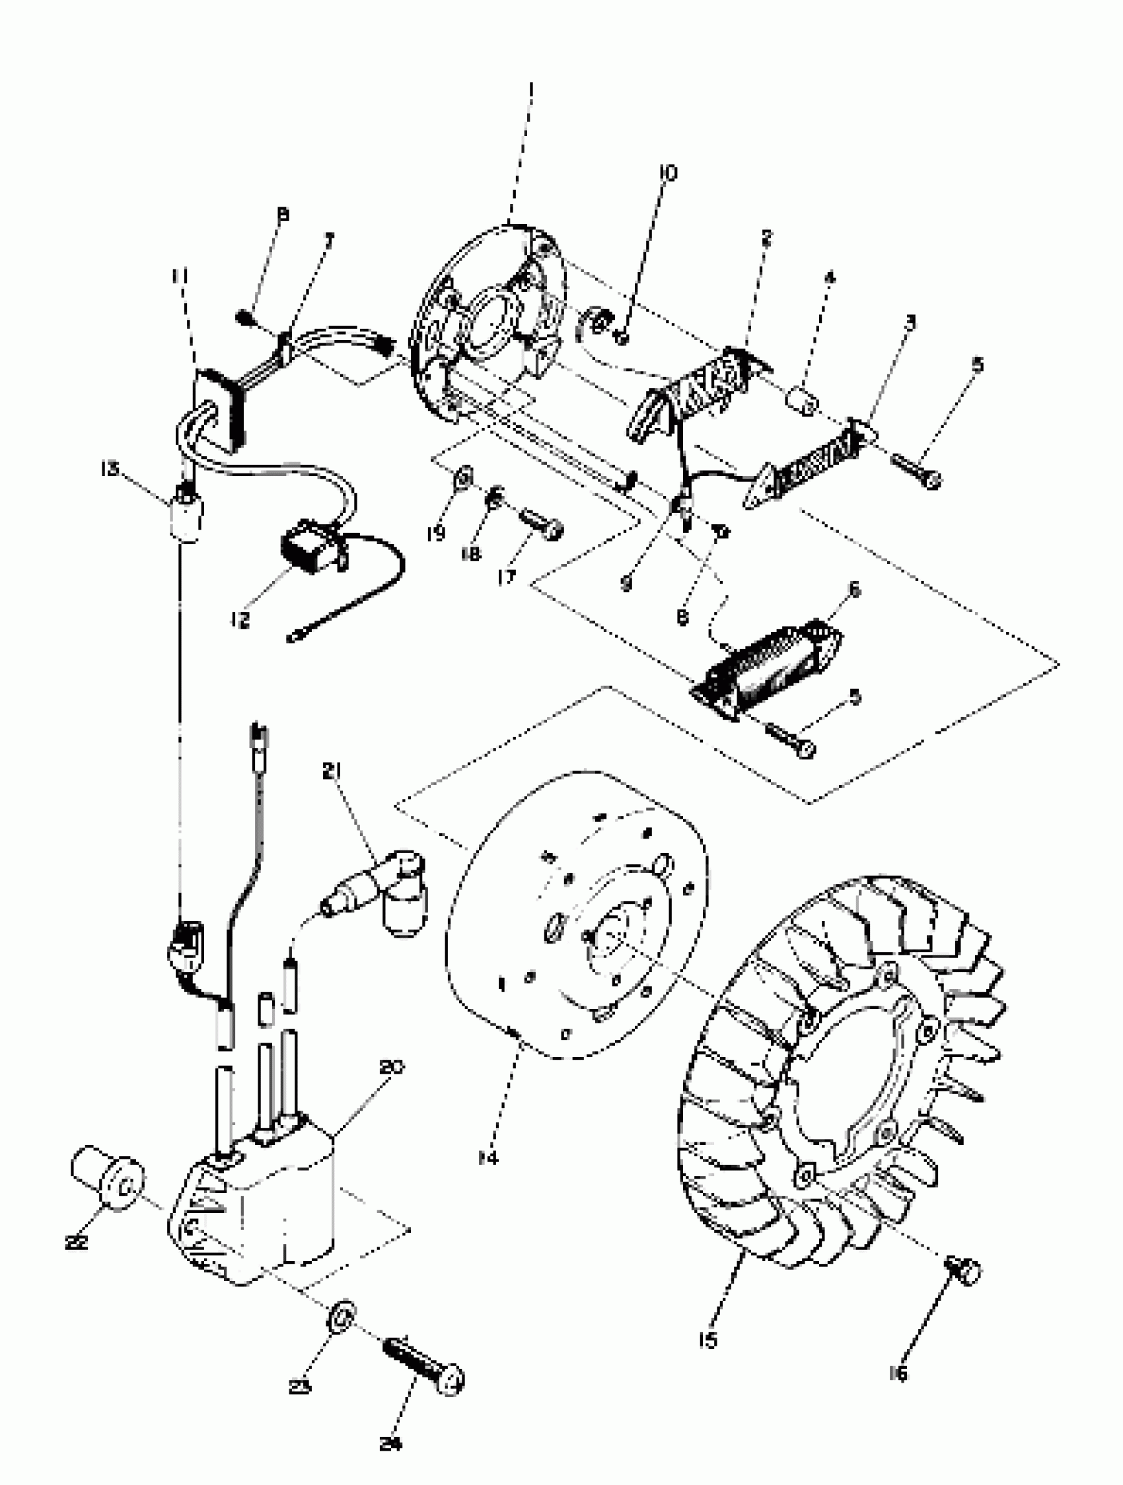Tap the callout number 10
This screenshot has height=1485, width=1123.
[668, 173]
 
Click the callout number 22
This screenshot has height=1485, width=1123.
[77, 1242]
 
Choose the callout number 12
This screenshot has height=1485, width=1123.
[240, 619]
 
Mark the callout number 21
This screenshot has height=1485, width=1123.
[331, 773]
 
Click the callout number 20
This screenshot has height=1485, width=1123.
[392, 1067]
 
